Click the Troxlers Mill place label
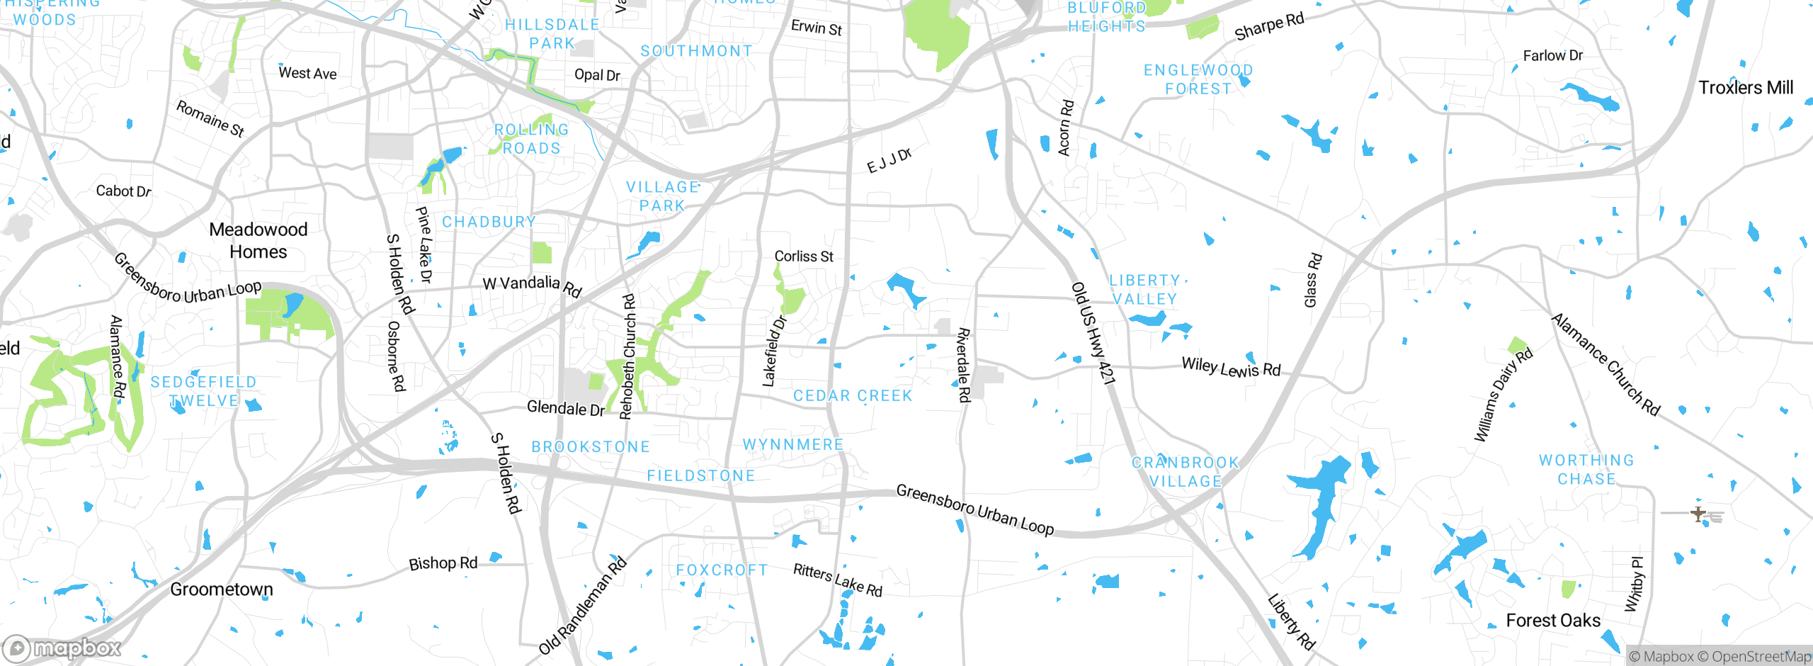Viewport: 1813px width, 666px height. [1746, 88]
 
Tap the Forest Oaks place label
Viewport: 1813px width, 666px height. [1553, 621]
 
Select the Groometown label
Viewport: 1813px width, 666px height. [221, 589]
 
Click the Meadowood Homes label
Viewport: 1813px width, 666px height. [258, 241]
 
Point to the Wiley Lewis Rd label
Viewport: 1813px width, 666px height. [1231, 368]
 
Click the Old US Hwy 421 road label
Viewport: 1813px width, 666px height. [1093, 333]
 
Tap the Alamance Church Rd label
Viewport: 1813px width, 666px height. [1605, 365]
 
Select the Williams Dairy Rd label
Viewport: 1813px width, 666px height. [1503, 395]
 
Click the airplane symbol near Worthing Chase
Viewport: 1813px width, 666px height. [1698, 514]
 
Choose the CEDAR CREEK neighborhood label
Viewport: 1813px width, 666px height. [853, 396]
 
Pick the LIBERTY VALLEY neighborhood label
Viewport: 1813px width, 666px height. [1144, 290]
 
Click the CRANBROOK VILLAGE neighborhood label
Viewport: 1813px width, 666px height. [1185, 472]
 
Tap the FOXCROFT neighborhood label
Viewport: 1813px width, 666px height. [722, 570]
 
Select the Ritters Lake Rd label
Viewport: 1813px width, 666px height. [838, 580]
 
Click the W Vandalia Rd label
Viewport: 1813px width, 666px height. [532, 285]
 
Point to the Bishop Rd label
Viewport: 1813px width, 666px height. [443, 564]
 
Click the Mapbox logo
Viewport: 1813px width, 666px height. [62, 648]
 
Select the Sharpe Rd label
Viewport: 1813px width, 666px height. [1268, 27]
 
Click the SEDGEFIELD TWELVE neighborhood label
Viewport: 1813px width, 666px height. [203, 391]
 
